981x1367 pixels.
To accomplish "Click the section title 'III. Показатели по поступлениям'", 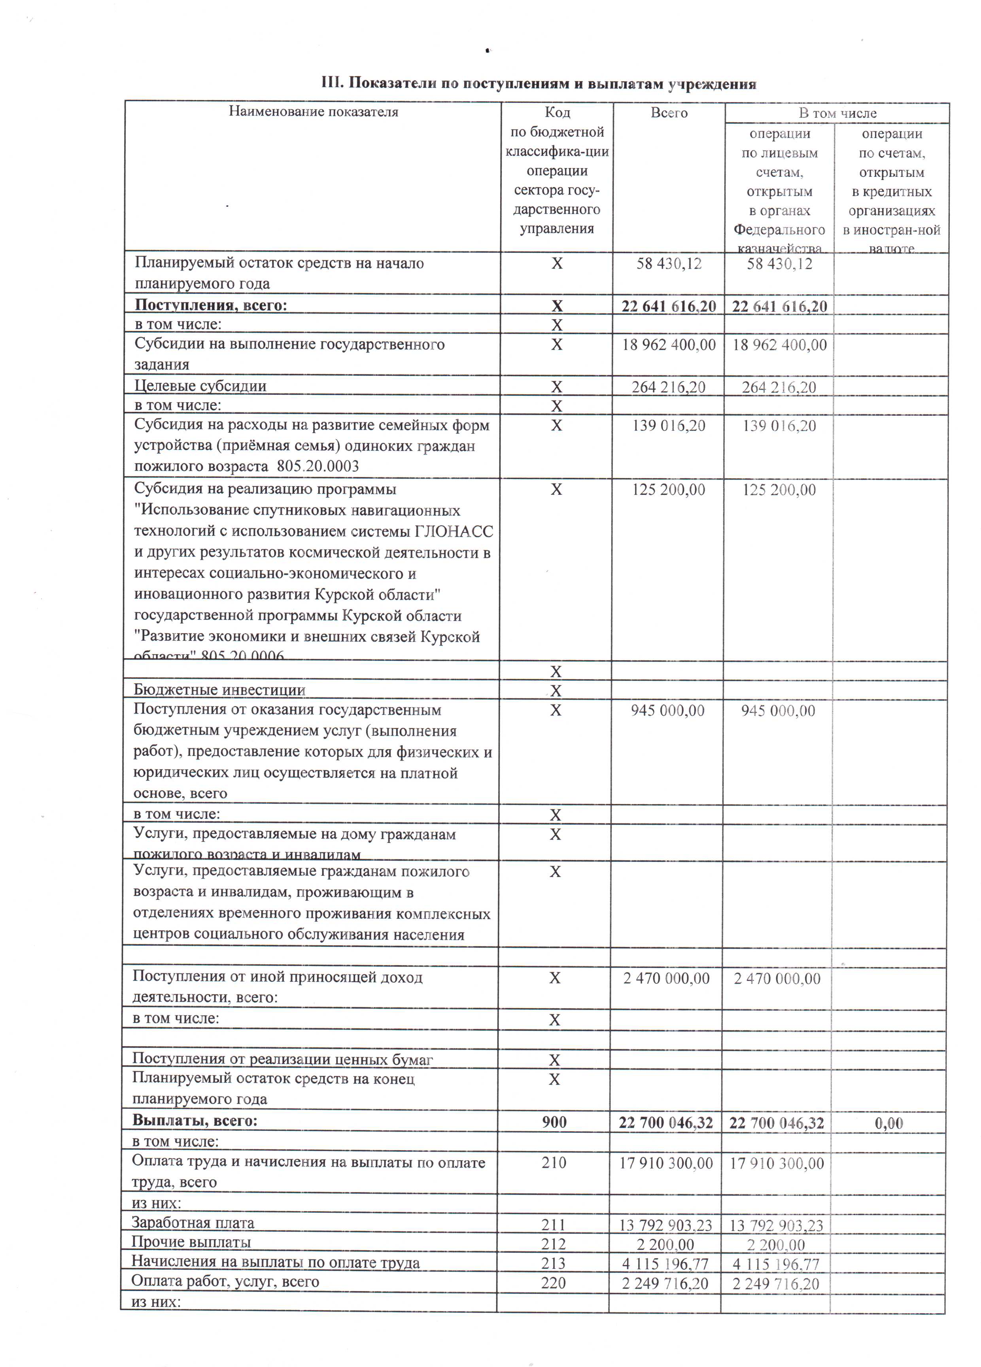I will click(538, 84).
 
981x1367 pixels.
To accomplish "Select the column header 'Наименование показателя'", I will click(313, 112).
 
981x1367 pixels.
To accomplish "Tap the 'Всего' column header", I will click(669, 113).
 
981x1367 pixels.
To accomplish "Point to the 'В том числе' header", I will click(837, 113).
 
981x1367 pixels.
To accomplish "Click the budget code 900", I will click(554, 1122).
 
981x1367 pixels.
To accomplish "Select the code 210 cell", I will click(554, 1162).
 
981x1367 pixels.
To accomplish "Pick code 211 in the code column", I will click(553, 1224).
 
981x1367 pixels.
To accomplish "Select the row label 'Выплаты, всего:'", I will click(195, 1121).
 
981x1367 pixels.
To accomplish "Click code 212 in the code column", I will click(553, 1244).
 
